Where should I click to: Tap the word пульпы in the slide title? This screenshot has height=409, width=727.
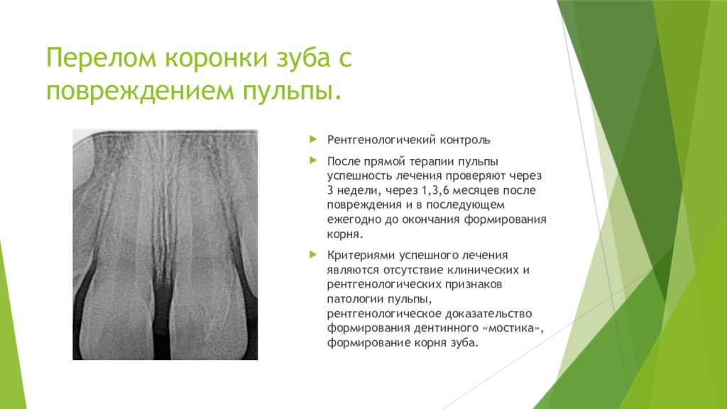click(x=293, y=90)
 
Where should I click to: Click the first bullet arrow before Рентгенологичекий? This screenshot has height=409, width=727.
click(x=312, y=139)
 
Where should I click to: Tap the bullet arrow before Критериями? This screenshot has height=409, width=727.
click(x=312, y=253)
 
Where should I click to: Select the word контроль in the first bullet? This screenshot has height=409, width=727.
click(x=463, y=140)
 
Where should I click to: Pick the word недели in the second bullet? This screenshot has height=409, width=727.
click(x=359, y=191)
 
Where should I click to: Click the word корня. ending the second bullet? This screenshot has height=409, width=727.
click(x=345, y=234)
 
